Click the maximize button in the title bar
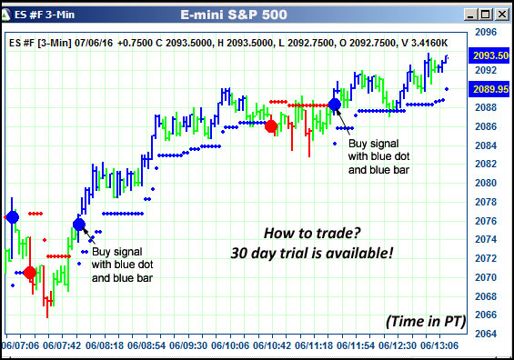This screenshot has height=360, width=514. tap(486, 14)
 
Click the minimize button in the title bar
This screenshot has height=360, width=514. tap(470, 14)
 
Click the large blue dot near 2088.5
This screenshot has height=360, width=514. tap(335, 105)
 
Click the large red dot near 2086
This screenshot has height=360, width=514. tap(270, 126)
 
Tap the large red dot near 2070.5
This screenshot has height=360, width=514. tap(30, 273)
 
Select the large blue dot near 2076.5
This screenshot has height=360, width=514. tap(12, 216)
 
